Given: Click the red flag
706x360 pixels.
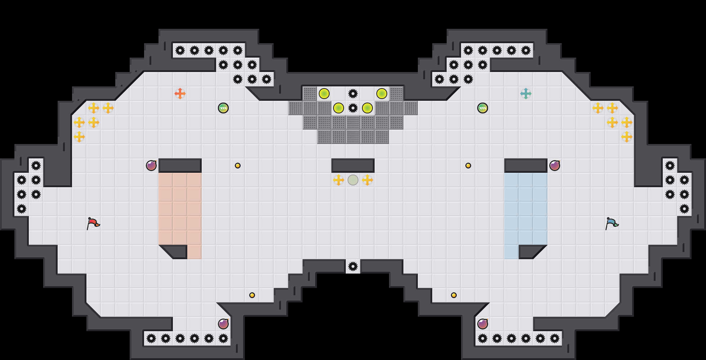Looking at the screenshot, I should pyautogui.click(x=93, y=223).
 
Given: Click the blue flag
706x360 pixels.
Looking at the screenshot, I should pyautogui.click(x=612, y=223).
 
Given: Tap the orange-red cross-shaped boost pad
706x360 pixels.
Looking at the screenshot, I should pyautogui.click(x=180, y=94).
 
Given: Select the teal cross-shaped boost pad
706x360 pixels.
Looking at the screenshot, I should pyautogui.click(x=526, y=94).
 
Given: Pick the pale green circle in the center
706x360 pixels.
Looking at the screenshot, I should pyautogui.click(x=353, y=180).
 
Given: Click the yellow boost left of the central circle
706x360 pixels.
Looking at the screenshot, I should pyautogui.click(x=339, y=180).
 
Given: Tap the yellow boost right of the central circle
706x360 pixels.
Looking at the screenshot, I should pyautogui.click(x=367, y=180).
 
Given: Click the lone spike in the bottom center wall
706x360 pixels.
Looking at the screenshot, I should pyautogui.click(x=353, y=266).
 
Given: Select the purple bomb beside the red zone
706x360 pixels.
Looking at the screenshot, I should pyautogui.click(x=151, y=166).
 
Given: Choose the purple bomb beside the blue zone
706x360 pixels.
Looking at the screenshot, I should pyautogui.click(x=555, y=166).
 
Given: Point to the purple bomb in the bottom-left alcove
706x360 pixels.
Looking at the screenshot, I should pyautogui.click(x=223, y=324).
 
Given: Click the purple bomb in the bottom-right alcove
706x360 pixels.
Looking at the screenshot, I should pyautogui.click(x=483, y=324).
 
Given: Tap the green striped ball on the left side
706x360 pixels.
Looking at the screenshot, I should pyautogui.click(x=223, y=108).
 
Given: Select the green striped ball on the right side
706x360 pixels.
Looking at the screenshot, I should pyautogui.click(x=483, y=108).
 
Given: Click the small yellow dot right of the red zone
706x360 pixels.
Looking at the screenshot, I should pyautogui.click(x=238, y=166).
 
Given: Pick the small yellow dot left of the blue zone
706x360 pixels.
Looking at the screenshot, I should pyautogui.click(x=468, y=166).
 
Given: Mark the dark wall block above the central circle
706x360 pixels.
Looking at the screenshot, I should pyautogui.click(x=353, y=166).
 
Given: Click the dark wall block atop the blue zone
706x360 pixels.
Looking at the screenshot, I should pyautogui.click(x=526, y=166).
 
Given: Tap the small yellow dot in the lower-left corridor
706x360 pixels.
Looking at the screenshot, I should pyautogui.click(x=252, y=295).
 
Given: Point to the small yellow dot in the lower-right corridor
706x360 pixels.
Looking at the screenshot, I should pyautogui.click(x=454, y=295).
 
